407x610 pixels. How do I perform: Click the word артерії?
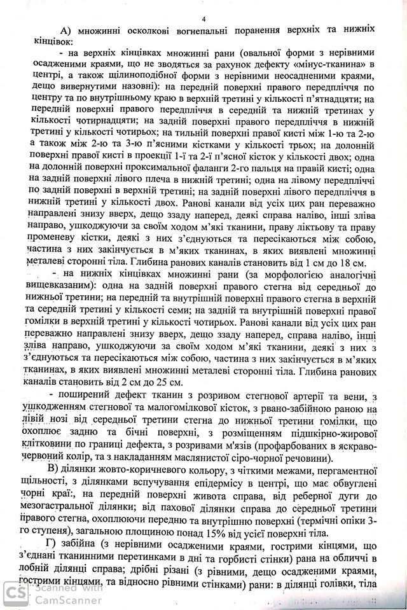pyautogui.click(x=275, y=399)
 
